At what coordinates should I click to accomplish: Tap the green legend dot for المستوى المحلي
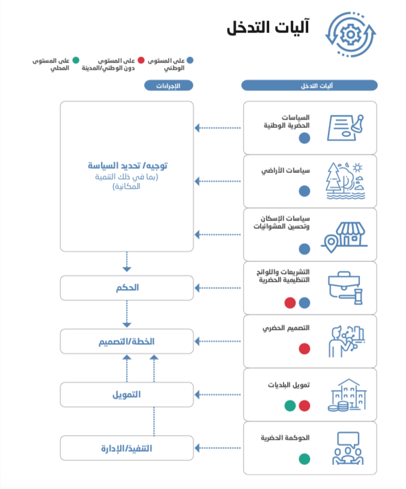[x=76, y=61]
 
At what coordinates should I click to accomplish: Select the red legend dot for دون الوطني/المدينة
[x=141, y=61]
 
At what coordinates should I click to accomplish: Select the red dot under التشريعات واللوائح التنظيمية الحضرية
[x=290, y=303]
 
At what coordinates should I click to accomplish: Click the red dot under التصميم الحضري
[x=304, y=348]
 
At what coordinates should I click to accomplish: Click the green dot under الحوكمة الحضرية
[x=304, y=459]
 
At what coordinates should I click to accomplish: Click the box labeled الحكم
[x=127, y=288]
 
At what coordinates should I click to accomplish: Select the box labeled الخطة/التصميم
[x=127, y=341]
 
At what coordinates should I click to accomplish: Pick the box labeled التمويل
[x=127, y=395]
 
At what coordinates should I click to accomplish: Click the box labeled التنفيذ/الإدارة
[x=127, y=448]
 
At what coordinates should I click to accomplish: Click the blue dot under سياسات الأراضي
[x=304, y=191]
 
